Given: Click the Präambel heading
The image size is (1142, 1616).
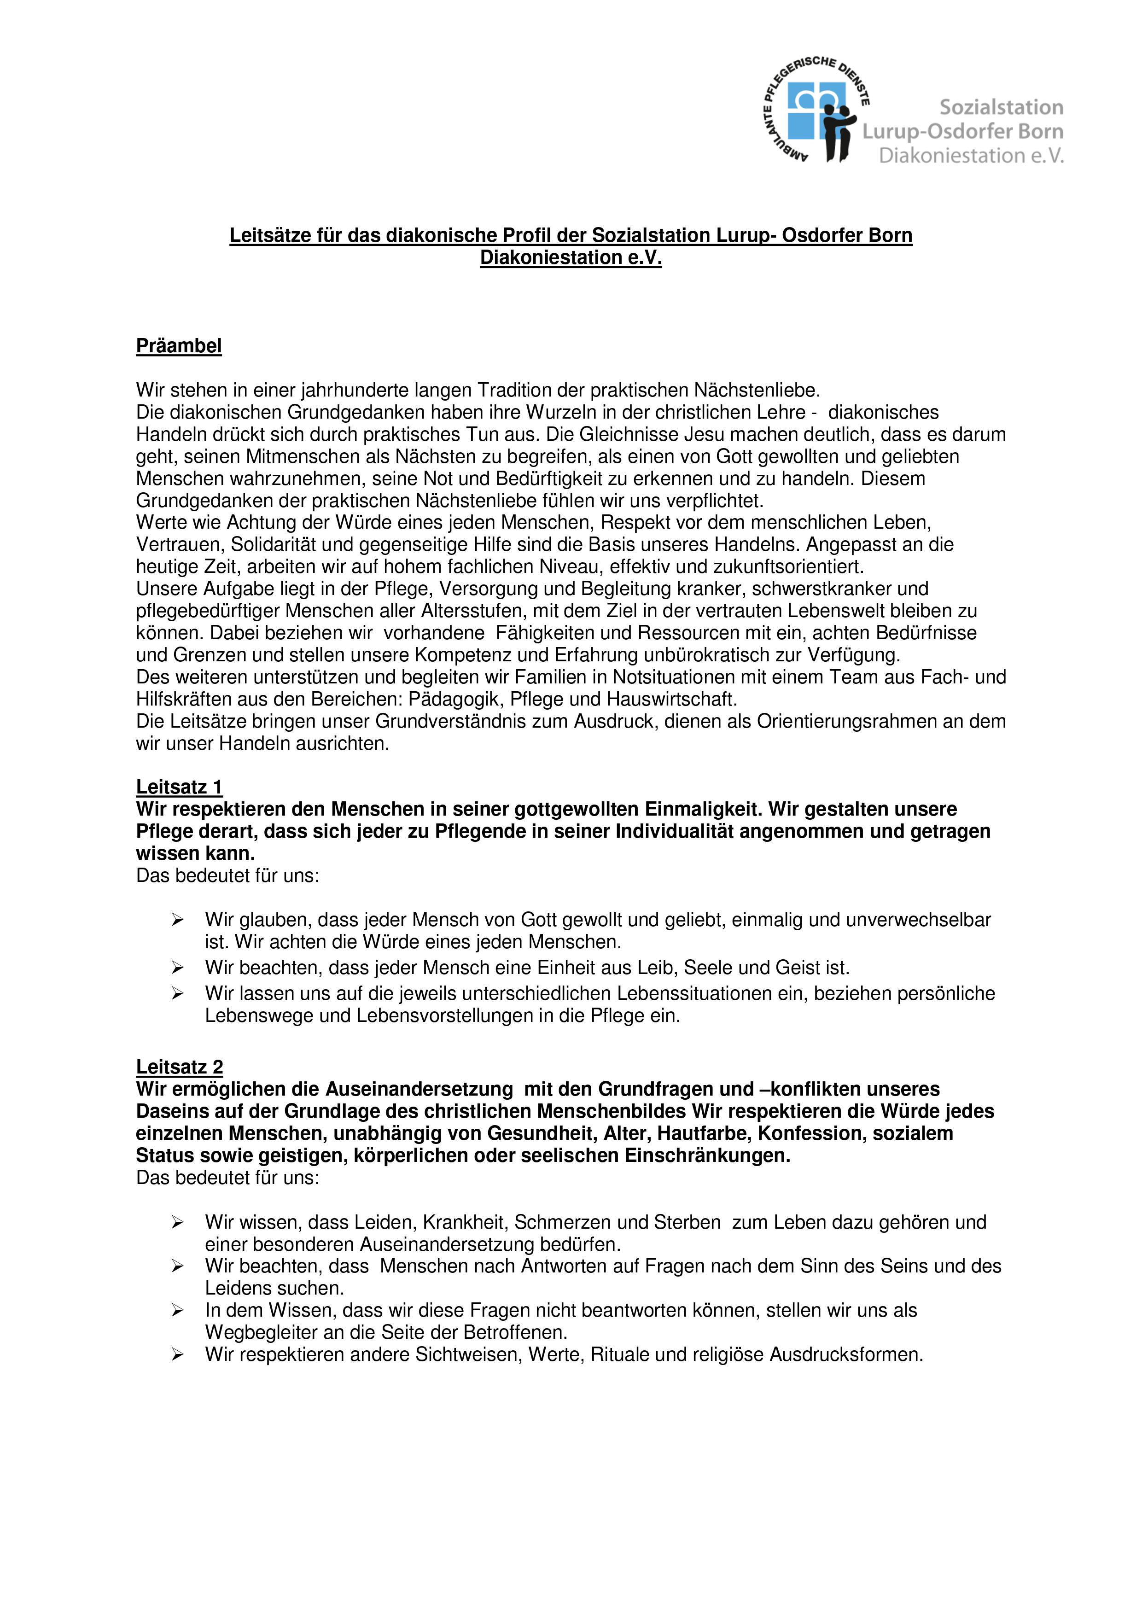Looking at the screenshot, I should [179, 346].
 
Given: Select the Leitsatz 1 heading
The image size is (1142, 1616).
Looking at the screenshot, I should [180, 787].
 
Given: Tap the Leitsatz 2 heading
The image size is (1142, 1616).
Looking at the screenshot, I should [180, 1068].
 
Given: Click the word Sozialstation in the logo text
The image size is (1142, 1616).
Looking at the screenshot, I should [1001, 108].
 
